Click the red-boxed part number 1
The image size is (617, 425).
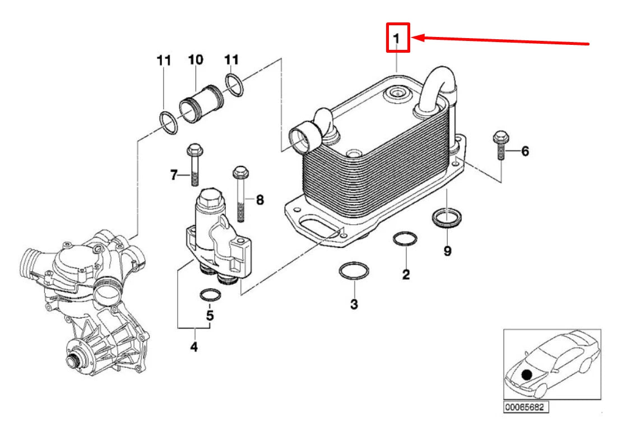[x=397, y=38]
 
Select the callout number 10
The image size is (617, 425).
[x=196, y=59]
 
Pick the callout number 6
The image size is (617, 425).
[x=525, y=151]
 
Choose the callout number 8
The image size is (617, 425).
[x=259, y=199]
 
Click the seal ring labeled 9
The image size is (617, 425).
[x=446, y=219]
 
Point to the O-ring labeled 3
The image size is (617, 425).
[x=354, y=271]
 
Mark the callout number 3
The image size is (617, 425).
[x=354, y=304]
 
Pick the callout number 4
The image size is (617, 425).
[x=193, y=347]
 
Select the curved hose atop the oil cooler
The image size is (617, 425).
[x=437, y=87]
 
